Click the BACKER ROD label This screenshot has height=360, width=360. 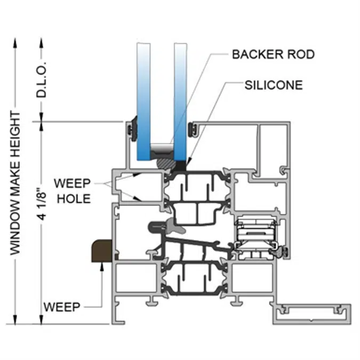273,54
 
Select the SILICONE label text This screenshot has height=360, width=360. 274,85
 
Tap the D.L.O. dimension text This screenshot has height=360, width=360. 43,79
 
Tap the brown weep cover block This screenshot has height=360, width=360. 102,251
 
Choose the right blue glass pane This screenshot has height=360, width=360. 181,101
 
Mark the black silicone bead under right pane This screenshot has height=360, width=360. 181,165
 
